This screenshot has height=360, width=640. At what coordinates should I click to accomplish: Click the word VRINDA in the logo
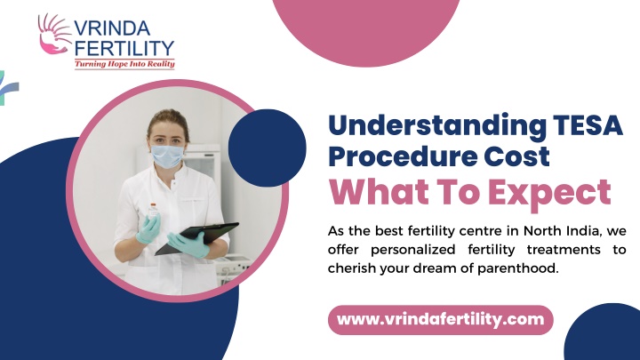point(112,28)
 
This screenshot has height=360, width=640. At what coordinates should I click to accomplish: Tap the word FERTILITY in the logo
point(125,49)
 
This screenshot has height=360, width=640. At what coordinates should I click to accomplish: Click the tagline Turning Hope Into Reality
point(124,64)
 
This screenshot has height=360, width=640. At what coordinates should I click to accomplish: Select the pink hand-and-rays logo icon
point(54,34)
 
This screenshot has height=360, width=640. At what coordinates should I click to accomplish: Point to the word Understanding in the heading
point(437,125)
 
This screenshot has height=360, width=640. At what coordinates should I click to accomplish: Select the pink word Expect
point(550,193)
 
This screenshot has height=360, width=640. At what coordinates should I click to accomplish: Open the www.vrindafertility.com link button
point(440,320)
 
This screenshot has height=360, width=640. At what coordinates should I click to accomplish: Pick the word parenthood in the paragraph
point(517,268)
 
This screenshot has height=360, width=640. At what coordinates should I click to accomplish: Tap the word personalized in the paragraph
point(413,250)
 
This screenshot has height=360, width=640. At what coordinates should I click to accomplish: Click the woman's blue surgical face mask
point(167,156)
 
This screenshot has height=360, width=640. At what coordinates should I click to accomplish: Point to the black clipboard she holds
point(196,238)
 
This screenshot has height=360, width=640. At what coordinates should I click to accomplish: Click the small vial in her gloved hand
point(154,210)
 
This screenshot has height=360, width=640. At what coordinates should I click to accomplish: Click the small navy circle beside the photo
point(267,148)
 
